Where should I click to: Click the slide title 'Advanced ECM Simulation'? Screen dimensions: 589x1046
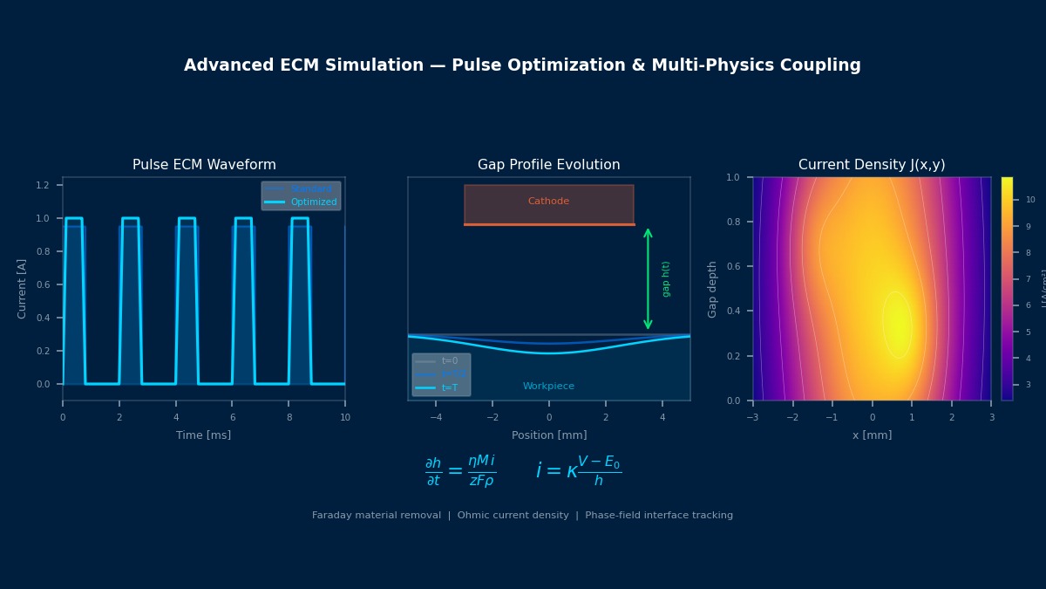point(522,65)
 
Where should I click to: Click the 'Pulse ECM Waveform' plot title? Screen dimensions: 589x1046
point(204,165)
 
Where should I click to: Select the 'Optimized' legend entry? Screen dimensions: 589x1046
point(313,202)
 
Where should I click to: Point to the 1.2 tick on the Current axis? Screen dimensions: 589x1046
point(43,185)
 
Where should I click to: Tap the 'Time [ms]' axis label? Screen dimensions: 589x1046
point(203,435)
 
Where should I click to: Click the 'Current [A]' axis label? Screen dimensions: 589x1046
point(23,288)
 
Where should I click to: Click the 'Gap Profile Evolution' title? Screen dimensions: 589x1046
point(548,165)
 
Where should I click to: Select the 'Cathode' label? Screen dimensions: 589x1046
point(548,202)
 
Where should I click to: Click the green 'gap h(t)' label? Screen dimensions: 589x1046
point(666,279)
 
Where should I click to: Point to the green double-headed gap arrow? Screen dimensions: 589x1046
point(648,279)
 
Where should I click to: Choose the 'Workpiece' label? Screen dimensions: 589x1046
point(548,387)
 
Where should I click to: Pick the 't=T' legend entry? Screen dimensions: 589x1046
point(449,387)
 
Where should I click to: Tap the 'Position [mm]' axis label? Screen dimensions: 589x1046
point(548,435)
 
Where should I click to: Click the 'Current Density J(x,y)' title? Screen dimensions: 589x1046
point(872,165)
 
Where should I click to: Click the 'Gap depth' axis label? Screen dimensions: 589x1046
point(713,289)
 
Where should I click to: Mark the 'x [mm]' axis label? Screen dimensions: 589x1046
point(872,435)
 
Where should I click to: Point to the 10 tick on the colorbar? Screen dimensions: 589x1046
point(1030,200)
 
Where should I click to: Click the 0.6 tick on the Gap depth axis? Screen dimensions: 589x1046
point(734,267)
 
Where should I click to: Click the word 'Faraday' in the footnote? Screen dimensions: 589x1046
point(333,516)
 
